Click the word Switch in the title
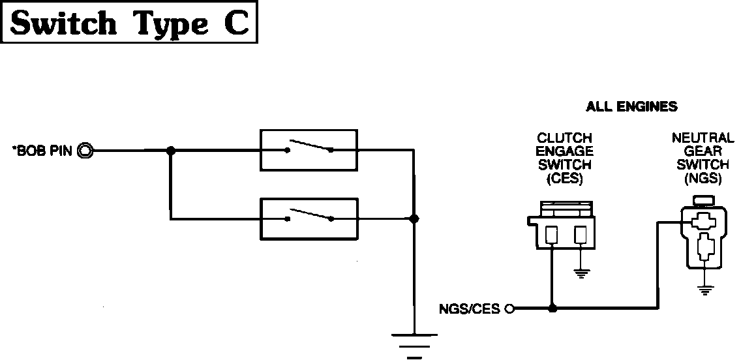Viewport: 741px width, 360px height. (x=64, y=23)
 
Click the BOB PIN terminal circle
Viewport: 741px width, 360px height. (x=86, y=151)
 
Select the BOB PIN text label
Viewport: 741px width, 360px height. (x=43, y=152)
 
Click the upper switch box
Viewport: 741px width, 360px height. (x=309, y=150)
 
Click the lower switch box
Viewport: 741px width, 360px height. (x=309, y=218)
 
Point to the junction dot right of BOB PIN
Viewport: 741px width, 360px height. (x=171, y=151)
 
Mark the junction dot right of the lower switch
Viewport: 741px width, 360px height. (x=413, y=219)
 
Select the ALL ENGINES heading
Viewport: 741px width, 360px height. (x=631, y=106)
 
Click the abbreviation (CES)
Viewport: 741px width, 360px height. (x=565, y=179)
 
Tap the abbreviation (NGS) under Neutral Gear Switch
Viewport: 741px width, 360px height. (x=703, y=179)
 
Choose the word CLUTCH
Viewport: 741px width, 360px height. (x=565, y=138)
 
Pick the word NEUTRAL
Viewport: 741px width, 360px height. (x=703, y=138)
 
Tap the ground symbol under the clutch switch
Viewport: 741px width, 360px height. (x=581, y=273)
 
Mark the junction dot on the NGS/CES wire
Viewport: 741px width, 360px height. (x=553, y=308)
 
